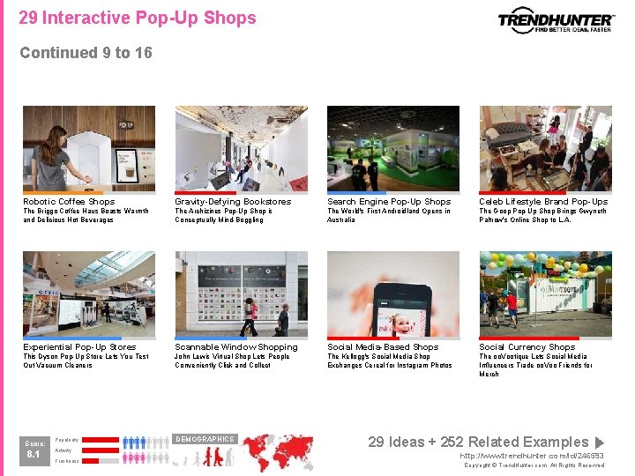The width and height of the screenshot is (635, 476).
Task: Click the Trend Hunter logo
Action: coord(555,20)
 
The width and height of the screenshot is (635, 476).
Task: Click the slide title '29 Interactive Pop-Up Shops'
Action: coord(138,18)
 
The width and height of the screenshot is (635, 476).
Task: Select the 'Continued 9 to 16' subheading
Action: coord(86,53)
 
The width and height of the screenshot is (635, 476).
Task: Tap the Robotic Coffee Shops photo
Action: coord(89,148)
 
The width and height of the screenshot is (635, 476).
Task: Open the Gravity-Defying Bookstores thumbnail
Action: coord(241,148)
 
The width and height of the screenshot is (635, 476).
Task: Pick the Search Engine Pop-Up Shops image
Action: coord(393,148)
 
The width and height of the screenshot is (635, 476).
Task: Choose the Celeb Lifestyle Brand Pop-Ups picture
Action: coord(545,148)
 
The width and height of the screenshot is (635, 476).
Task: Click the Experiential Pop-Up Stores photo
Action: coord(89,294)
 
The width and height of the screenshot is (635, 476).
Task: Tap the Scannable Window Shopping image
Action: coord(241,294)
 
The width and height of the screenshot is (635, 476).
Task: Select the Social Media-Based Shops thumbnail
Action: coord(393,294)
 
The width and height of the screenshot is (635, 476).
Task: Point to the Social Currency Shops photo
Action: coord(545,294)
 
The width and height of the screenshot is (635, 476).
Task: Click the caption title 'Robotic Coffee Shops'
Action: coord(69,202)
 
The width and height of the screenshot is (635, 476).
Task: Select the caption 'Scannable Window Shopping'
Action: coord(236,347)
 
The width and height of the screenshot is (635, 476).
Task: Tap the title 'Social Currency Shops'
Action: coord(527,347)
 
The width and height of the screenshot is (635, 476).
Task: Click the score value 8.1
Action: coord(34,455)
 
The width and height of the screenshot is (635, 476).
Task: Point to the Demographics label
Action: coord(205,439)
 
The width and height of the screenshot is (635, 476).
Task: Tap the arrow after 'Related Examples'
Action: coord(600,443)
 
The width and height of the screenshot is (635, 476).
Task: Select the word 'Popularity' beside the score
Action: coord(67,439)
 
